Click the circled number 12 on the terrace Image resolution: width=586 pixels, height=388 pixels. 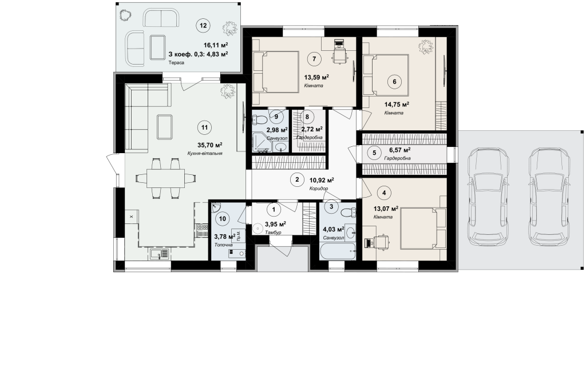[203, 26]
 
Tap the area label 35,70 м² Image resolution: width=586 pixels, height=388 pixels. [210, 145]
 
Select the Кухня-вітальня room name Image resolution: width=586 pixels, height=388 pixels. [205, 153]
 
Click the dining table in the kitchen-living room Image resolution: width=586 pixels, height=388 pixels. [165, 179]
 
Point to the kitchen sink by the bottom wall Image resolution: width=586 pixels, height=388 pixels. [160, 254]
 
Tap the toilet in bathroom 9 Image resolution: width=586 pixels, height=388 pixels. [260, 120]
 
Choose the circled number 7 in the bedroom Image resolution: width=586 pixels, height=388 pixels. [314, 59]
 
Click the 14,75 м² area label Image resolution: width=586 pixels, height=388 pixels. [397, 105]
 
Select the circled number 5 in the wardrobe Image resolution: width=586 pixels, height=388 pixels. [374, 152]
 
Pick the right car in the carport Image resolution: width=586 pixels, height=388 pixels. [549, 194]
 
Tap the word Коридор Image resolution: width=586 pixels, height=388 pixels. [319, 189]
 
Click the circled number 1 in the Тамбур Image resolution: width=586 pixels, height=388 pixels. [274, 210]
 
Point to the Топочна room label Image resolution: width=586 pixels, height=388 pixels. [224, 245]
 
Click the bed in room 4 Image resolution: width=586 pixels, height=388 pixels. [423, 229]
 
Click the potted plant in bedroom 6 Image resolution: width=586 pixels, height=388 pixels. [425, 47]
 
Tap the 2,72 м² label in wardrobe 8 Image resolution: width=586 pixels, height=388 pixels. [312, 130]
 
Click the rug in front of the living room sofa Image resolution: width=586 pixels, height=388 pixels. [165, 127]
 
